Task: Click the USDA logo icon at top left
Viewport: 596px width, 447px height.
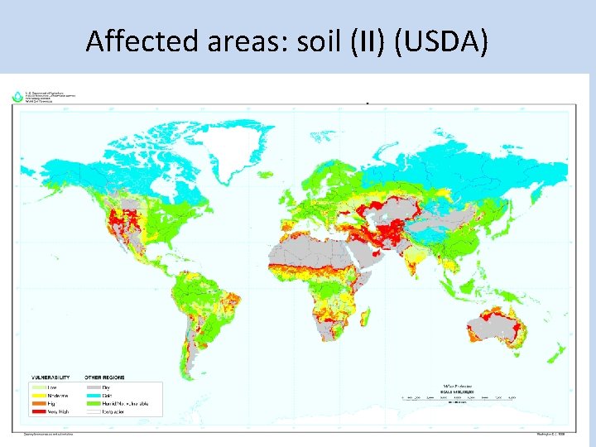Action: tap(17, 97)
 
